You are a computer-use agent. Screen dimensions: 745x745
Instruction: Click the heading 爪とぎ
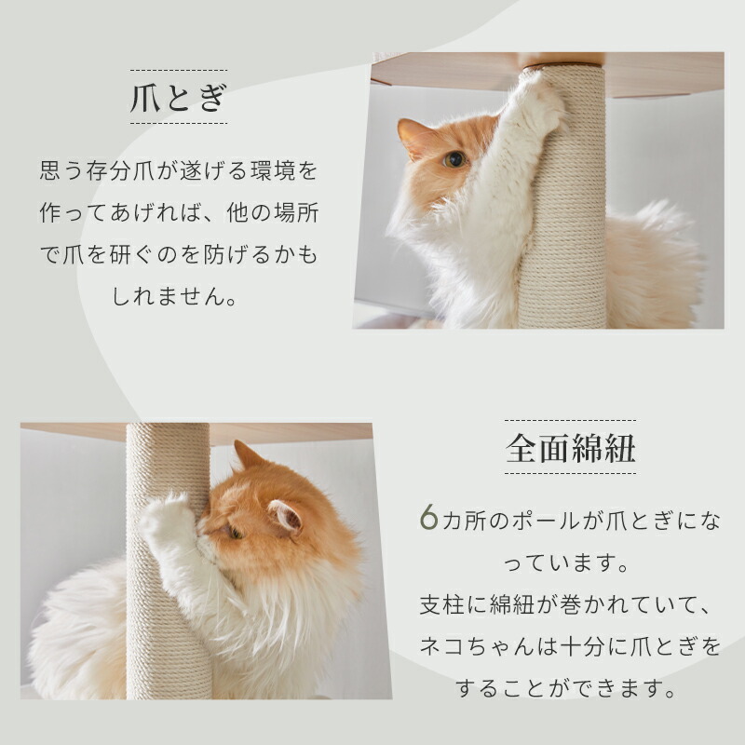click(178, 98)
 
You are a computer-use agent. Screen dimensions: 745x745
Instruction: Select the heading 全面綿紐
click(570, 448)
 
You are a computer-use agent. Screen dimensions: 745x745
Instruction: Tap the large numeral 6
click(427, 519)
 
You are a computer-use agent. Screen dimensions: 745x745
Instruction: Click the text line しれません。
click(178, 297)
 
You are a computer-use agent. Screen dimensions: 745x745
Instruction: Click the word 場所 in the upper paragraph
click(296, 214)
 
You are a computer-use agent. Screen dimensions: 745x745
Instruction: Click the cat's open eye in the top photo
click(454, 159)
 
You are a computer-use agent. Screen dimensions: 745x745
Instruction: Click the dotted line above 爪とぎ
click(178, 69)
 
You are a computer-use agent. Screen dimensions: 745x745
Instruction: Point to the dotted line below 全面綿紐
click(570, 473)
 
